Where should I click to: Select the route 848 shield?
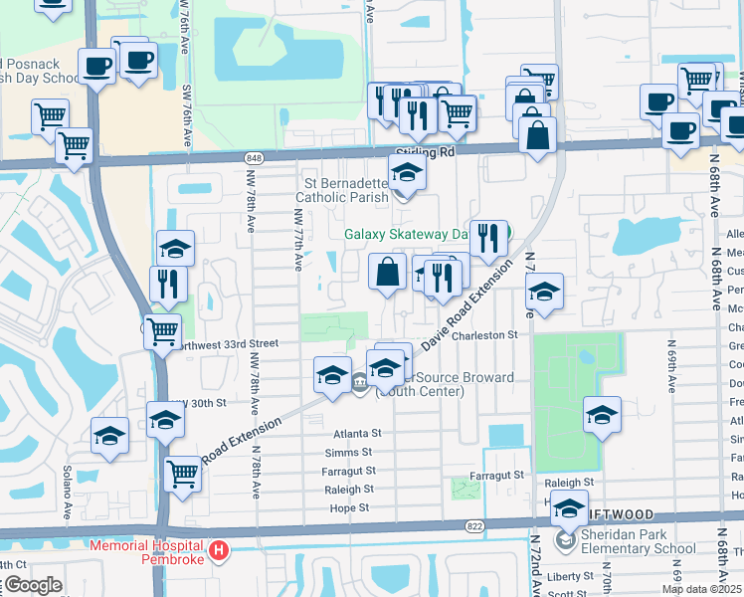[255, 158]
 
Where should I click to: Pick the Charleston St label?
[485, 336]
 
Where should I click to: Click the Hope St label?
[348, 508]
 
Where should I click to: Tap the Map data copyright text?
[701, 589]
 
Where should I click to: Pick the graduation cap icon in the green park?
[601, 414]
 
